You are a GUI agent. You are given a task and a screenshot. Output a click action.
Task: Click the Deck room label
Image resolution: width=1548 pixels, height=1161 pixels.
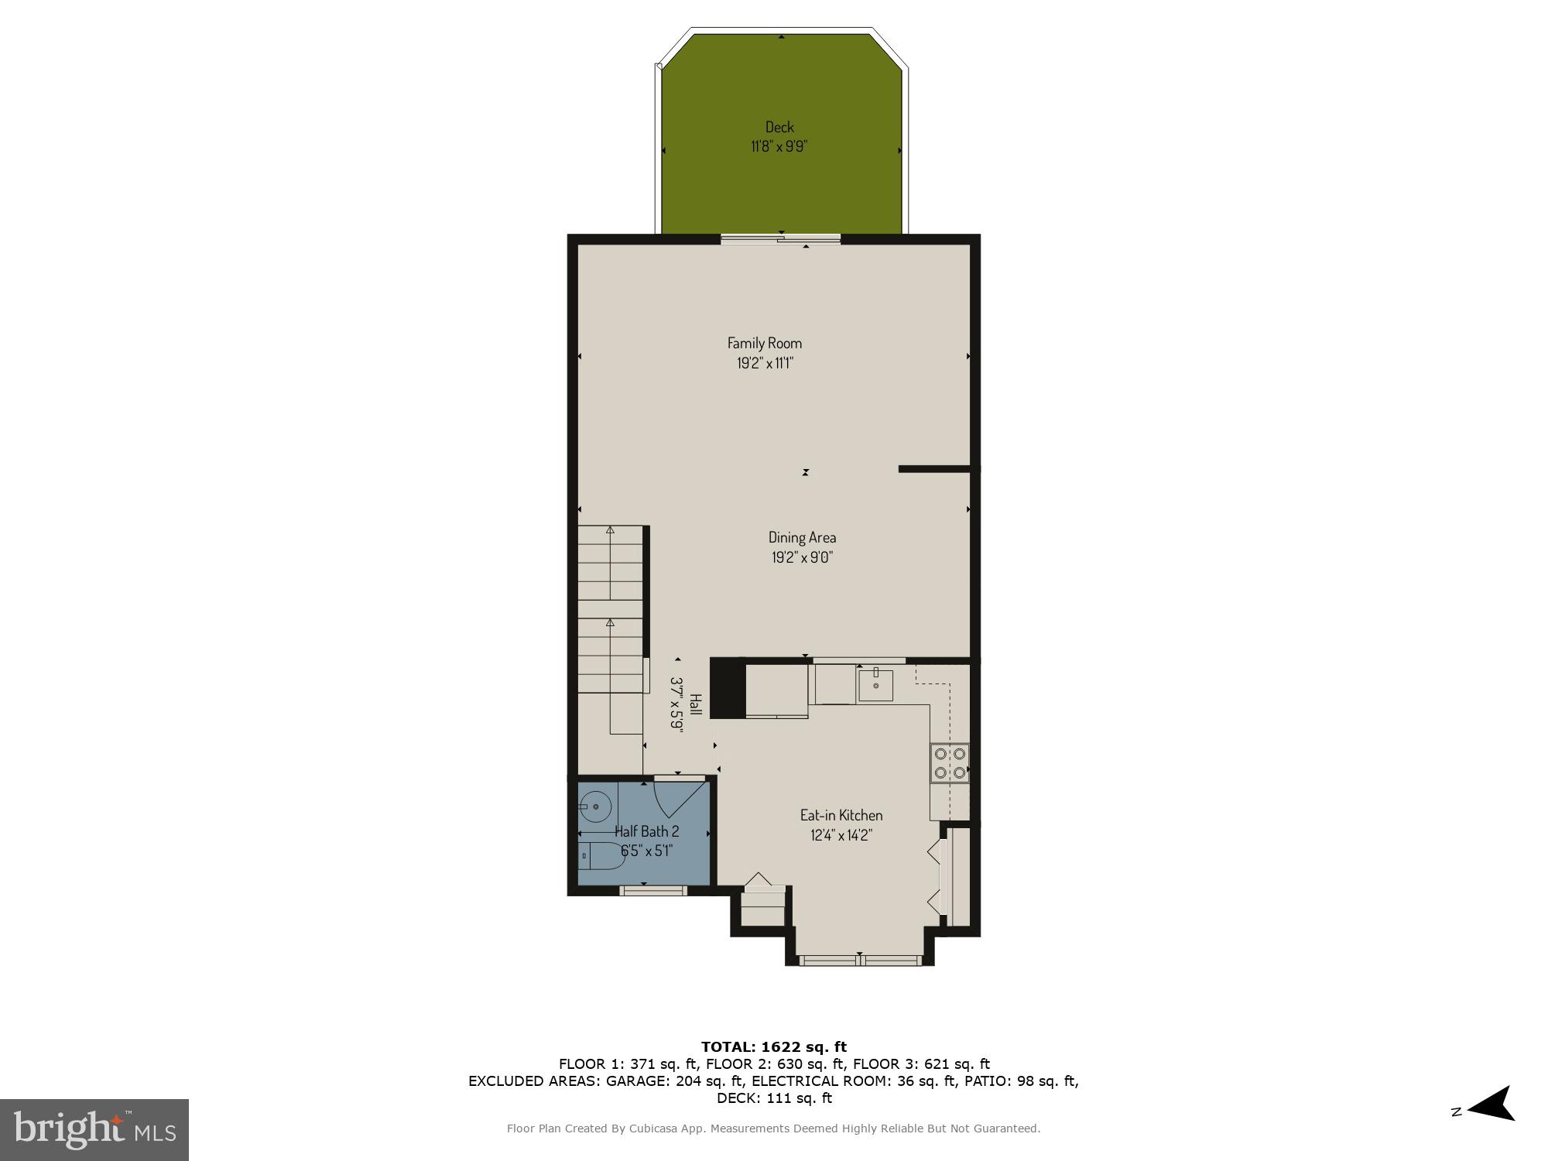coord(779,127)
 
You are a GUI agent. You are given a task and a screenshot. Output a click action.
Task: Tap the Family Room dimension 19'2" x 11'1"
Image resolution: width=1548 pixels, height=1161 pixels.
coord(765,363)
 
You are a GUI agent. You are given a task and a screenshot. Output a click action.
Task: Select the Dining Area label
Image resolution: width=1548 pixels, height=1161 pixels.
coord(802,537)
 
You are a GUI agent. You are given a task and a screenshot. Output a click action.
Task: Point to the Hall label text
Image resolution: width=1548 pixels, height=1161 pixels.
coord(695,704)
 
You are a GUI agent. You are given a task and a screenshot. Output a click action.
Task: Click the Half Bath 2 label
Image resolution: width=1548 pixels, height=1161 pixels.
coord(646,831)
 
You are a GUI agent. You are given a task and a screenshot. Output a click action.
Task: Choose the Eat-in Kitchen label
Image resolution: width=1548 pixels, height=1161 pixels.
coord(841,815)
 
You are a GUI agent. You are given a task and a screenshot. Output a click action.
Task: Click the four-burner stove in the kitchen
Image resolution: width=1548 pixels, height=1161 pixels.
coord(950,762)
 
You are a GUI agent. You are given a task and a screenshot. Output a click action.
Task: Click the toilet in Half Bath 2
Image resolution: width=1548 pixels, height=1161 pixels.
coord(601,856)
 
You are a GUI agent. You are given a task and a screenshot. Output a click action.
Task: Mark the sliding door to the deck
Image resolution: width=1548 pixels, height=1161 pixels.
coord(780,239)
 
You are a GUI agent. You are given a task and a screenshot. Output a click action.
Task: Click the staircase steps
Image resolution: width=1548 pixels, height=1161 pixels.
coord(611,611)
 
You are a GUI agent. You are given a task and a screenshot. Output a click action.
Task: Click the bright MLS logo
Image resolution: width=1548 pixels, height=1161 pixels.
coord(94,1130)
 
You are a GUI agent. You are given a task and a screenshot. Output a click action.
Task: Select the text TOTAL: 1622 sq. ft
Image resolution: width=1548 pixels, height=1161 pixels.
coord(773,1047)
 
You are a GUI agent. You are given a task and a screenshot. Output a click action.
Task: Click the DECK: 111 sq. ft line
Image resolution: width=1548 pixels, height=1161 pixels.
coord(773,1098)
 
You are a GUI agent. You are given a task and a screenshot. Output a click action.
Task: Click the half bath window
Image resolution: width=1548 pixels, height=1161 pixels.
coord(654,891)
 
